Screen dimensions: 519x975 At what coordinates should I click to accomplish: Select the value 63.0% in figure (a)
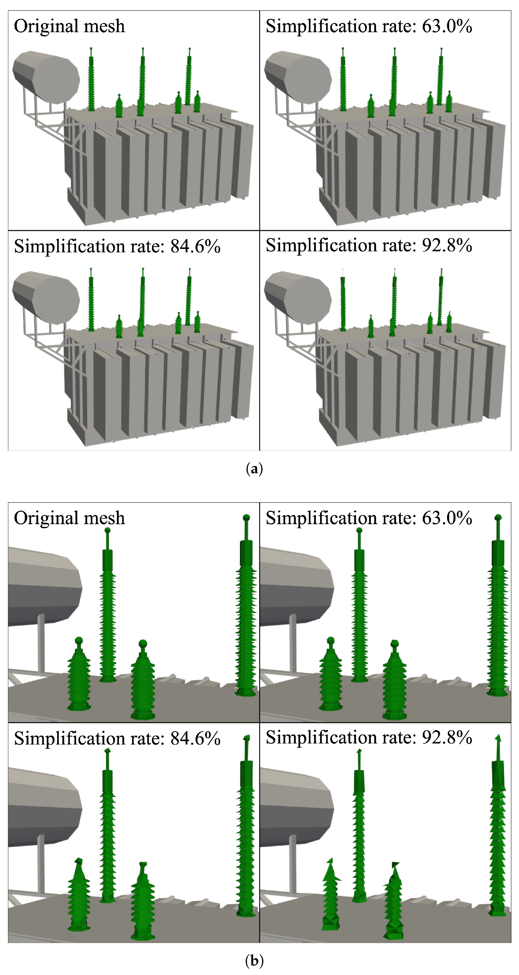click(447, 27)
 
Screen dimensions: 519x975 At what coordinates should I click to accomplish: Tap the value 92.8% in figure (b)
click(447, 737)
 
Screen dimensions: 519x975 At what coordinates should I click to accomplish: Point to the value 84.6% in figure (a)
click(195, 247)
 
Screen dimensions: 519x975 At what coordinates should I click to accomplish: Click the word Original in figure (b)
click(46, 518)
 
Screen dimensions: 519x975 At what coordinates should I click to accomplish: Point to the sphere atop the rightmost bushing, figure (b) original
click(246, 517)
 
